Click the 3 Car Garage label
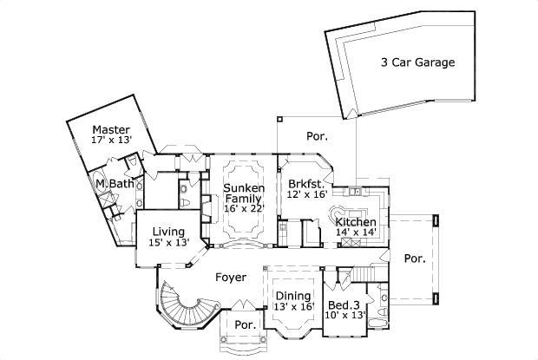(417, 62)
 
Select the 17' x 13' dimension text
(111, 139)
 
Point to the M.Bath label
(112, 184)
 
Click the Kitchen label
(356, 223)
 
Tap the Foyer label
(231, 278)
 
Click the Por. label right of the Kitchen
(413, 258)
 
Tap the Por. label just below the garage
(317, 136)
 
